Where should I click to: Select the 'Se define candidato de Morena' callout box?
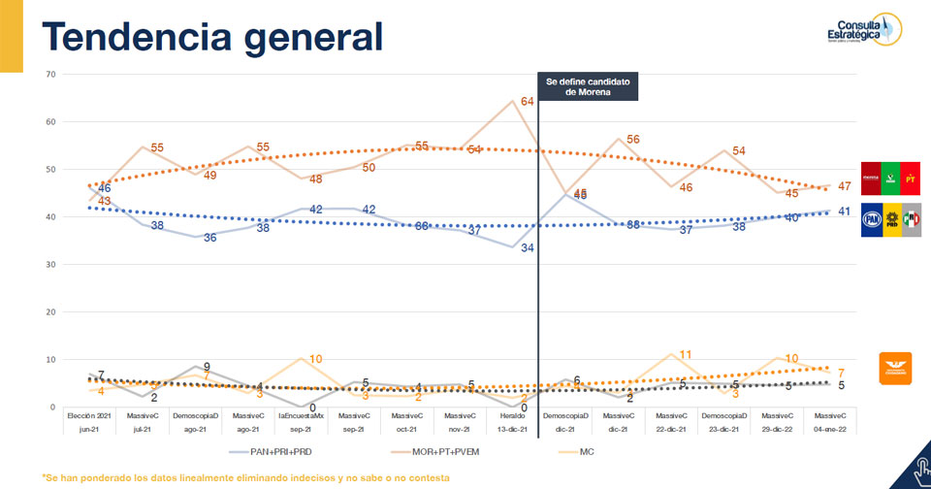588,87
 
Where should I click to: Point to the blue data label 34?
530,247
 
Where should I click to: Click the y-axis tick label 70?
50,74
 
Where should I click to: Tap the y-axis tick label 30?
50,264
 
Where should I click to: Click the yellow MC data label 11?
685,354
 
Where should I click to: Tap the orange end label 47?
844,185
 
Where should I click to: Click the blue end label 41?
844,211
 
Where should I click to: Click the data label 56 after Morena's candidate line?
633,140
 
